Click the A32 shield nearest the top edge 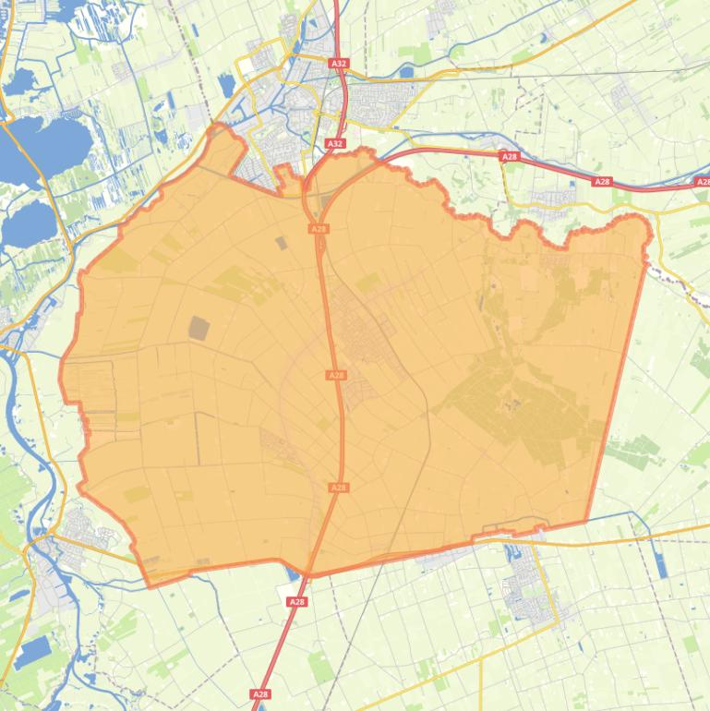point(339,64)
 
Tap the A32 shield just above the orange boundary point(335,144)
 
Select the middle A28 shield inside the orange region point(336,376)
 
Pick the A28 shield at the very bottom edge point(260,694)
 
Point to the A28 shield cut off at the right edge point(703,183)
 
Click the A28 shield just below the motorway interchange point(319,228)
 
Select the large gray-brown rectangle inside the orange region point(199,328)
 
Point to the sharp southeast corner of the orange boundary point(587,522)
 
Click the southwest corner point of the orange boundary point(149,585)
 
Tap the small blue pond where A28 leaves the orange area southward point(294,576)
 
